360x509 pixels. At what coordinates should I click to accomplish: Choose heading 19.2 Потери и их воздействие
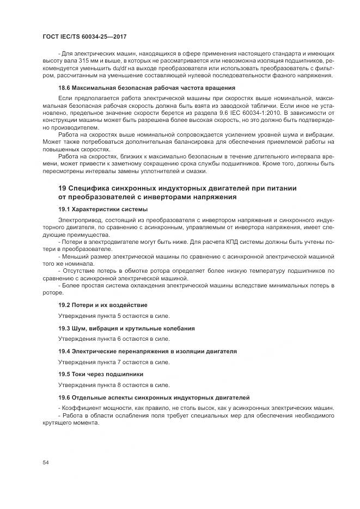point(102,305)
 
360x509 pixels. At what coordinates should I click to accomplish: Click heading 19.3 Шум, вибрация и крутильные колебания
point(126,328)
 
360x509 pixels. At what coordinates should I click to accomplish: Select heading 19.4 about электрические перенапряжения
point(147,352)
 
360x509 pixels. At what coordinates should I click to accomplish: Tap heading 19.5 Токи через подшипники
point(101,375)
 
